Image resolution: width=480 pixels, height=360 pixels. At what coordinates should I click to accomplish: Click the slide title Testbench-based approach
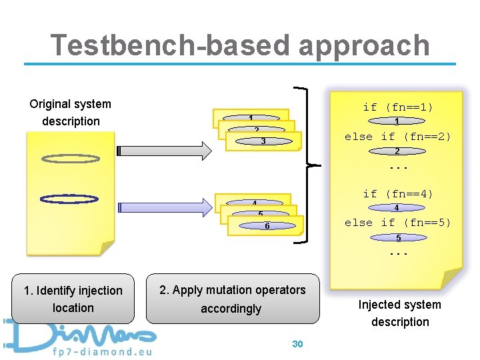tap(240, 45)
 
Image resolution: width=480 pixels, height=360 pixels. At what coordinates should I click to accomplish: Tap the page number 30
tap(297, 344)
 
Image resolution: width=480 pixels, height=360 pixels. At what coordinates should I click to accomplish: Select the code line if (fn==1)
tap(398, 107)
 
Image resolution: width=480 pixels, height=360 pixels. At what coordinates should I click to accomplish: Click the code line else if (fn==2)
tap(398, 137)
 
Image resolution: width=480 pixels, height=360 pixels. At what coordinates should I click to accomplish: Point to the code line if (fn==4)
tap(398, 194)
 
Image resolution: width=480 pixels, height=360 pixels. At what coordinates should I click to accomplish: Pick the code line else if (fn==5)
tap(398, 223)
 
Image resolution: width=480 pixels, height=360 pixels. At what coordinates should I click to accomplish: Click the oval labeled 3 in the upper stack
tap(263, 141)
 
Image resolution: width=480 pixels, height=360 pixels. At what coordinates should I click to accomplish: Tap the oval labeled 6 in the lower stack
tap(266, 226)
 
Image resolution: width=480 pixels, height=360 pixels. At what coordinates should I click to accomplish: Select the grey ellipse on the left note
tap(69, 159)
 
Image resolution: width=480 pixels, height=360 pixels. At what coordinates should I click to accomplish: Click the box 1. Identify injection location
tap(73, 299)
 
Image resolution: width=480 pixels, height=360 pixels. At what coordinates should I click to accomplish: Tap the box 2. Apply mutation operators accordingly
tap(231, 299)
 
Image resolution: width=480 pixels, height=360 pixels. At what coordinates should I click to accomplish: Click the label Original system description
tap(71, 113)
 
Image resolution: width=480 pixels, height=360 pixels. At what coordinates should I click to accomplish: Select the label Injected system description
tap(399, 313)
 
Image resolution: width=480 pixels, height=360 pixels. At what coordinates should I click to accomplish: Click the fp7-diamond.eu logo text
tap(100, 351)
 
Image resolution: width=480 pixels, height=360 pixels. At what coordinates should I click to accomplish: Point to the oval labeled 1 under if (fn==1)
tap(397, 122)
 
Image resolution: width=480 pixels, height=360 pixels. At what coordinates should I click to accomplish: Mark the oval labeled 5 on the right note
tap(398, 238)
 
